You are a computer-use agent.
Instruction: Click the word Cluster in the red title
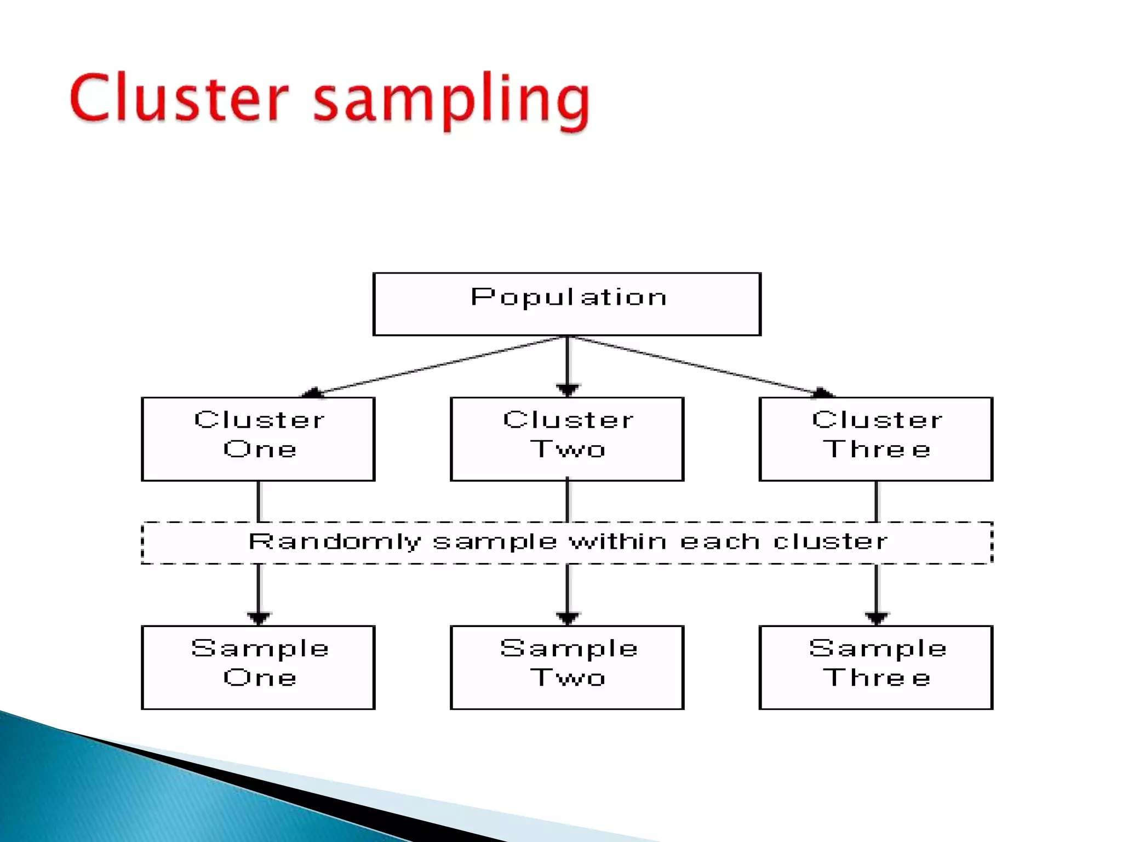[x=178, y=99]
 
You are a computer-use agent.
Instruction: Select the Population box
[x=566, y=304]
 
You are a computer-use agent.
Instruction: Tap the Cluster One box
[x=258, y=439]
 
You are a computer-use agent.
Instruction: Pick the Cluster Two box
[x=567, y=439]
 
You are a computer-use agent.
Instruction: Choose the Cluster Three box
[x=875, y=439]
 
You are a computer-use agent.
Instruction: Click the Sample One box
[x=258, y=667]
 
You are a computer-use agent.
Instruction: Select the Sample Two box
[x=567, y=667]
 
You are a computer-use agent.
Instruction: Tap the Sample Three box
[x=875, y=667]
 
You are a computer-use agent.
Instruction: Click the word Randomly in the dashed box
[x=335, y=542]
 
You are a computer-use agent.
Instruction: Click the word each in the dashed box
[x=720, y=541]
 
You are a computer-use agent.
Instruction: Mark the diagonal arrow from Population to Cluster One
[x=438, y=366]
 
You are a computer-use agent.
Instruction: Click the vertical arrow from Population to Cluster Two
[x=567, y=365]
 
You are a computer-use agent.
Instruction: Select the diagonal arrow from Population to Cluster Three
[x=696, y=366]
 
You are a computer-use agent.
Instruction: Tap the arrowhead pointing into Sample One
[x=259, y=618]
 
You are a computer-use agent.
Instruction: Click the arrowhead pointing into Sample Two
[x=567, y=618]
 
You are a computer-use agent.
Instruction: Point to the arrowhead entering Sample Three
[x=876, y=618]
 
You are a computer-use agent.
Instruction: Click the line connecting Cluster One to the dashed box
[x=259, y=501]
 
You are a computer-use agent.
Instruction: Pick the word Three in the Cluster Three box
[x=877, y=450]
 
